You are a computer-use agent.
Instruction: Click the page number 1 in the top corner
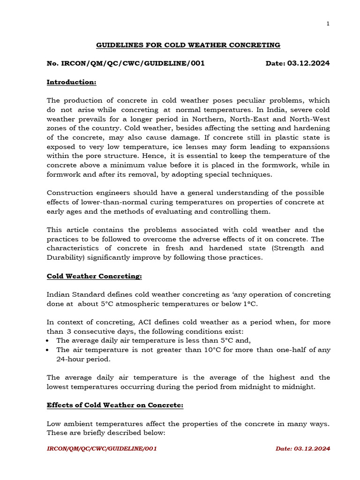tap(328, 24)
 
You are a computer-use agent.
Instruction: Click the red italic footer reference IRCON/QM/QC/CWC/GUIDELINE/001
tap(102, 449)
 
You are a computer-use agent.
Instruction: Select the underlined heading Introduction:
tap(71, 82)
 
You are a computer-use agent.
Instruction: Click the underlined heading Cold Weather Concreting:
tap(94, 276)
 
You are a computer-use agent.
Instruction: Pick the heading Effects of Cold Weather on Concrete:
tap(115, 405)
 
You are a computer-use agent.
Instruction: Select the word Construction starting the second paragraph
tap(68, 193)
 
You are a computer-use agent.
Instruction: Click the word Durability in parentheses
tap(66, 257)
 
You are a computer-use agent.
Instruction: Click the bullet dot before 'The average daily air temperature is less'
tap(49, 341)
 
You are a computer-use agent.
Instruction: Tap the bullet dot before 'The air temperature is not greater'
tap(49, 350)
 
